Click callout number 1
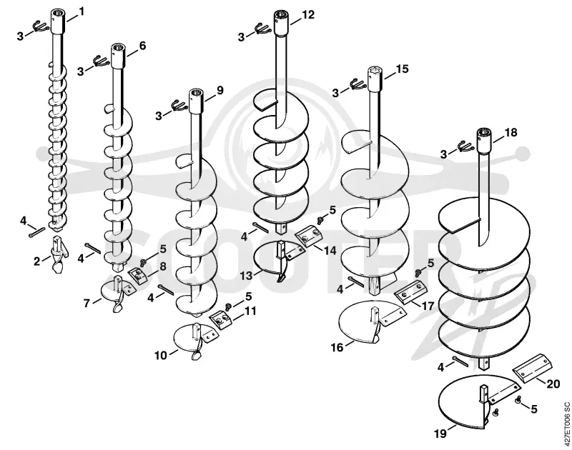(x=82, y=11)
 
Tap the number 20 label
(x=553, y=384)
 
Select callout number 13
(x=246, y=276)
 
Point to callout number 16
(x=337, y=347)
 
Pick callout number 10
(x=160, y=355)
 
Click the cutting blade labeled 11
(x=221, y=320)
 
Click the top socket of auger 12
(x=282, y=24)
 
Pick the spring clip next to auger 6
(x=99, y=61)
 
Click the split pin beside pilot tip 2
(x=37, y=232)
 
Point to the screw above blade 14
(x=321, y=220)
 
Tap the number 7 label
(x=87, y=303)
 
